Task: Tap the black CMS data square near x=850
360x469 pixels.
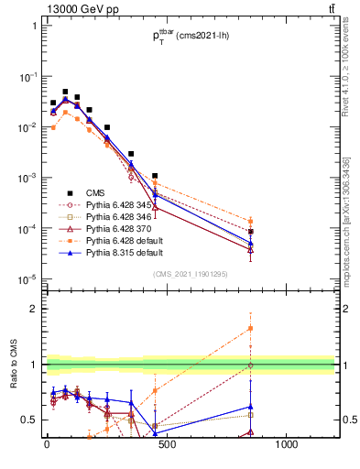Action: [250, 232]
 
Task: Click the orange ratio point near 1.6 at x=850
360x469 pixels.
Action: [250, 328]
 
